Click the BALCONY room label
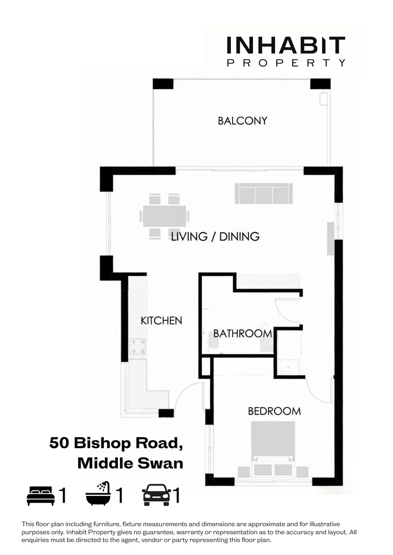[242, 121]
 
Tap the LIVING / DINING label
[215, 236]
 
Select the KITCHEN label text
[161, 320]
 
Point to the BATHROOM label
[242, 334]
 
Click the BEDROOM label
[274, 411]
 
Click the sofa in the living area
[264, 193]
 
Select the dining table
[165, 216]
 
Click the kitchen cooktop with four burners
[137, 346]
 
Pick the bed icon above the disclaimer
[41, 496]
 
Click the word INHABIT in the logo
[285, 46]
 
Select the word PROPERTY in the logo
[285, 63]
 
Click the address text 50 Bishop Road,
[116, 442]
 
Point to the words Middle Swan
[130, 463]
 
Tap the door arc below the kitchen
[188, 396]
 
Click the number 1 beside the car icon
[176, 496]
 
